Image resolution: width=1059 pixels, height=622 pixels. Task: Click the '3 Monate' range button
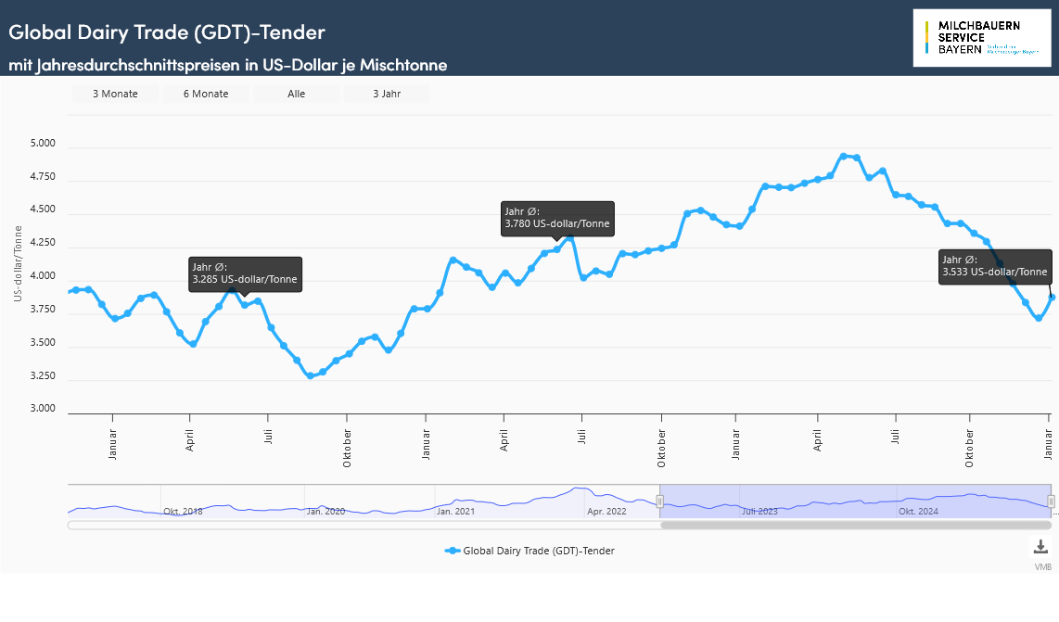click(115, 94)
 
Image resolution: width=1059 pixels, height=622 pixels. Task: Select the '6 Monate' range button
click(206, 94)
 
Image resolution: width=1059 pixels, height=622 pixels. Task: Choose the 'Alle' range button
click(296, 94)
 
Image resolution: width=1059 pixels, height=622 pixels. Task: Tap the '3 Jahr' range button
click(387, 94)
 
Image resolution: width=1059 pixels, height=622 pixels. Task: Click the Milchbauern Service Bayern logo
click(982, 38)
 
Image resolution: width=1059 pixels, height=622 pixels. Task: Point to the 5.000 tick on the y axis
click(43, 145)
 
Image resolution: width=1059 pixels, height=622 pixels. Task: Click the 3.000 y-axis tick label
click(43, 409)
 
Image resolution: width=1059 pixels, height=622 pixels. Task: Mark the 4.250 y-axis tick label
click(43, 244)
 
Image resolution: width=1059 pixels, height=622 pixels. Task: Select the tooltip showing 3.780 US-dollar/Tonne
click(557, 218)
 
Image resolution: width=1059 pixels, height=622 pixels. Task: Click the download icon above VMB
click(1041, 546)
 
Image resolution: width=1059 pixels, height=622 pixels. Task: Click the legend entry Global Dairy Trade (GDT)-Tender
click(529, 551)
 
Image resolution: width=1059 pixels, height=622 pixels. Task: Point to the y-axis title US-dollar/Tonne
click(18, 264)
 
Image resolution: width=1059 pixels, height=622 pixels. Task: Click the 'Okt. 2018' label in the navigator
click(183, 511)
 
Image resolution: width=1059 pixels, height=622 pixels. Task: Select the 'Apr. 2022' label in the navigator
click(606, 511)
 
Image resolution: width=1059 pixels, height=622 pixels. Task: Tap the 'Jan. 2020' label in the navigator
click(326, 511)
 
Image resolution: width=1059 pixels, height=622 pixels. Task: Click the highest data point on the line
click(843, 156)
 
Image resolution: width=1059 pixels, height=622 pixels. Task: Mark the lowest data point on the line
click(310, 375)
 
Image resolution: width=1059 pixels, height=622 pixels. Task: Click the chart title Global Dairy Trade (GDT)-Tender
click(167, 32)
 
